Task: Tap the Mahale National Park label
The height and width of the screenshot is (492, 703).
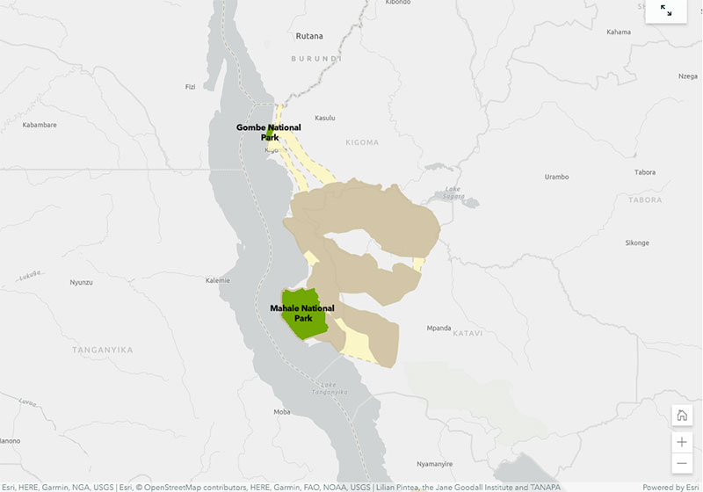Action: tap(302, 313)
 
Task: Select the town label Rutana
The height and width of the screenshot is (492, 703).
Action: tap(308, 36)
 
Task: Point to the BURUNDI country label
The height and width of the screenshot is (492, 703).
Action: tap(315, 58)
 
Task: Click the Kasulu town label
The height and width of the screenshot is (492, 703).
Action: tap(325, 118)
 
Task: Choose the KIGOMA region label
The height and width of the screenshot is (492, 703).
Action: tap(362, 142)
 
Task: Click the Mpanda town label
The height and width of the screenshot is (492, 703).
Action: tap(438, 328)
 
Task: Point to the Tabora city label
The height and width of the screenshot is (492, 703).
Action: tap(644, 172)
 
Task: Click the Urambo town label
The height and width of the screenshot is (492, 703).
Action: tap(556, 177)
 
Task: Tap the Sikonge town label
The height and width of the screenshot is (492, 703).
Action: tap(636, 242)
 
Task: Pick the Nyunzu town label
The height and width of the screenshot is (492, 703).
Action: tap(82, 282)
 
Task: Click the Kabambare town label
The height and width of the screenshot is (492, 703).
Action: tap(40, 125)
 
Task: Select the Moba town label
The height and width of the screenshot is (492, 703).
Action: tap(282, 411)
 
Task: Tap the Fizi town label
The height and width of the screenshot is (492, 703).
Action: tap(190, 87)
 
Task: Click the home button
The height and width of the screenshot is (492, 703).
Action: tap(681, 416)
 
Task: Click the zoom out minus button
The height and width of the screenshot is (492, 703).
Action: tap(681, 463)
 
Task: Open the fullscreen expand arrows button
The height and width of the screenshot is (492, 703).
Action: tap(666, 11)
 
